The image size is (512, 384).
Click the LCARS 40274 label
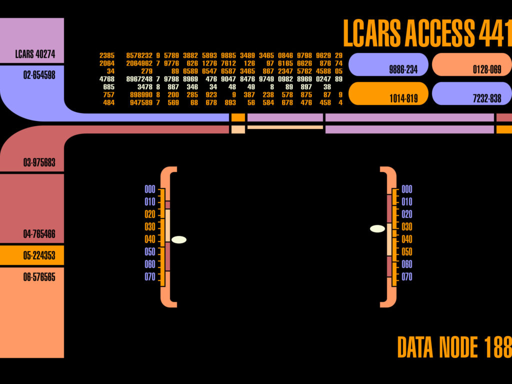35,54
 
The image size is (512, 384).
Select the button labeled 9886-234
388,64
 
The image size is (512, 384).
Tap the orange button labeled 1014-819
388,93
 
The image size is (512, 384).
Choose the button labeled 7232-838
471,93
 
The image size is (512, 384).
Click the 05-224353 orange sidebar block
32,255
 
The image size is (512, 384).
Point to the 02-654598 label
39,74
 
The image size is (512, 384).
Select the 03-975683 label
39,162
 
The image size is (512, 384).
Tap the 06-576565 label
39,276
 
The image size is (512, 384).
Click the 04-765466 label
39,234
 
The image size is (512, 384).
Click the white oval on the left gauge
178,239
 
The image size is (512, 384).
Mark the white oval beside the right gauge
377,228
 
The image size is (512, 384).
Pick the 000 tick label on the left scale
150,189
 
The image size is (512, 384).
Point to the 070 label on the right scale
407,276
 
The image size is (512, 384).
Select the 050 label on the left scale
150,251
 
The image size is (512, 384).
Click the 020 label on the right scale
407,214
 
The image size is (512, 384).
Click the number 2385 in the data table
107,55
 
